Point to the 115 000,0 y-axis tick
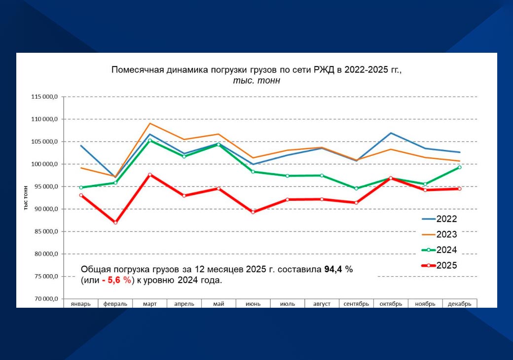point(44,97)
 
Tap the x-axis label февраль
point(115,304)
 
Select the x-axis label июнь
point(253,304)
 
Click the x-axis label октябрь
point(391,304)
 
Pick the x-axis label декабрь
point(459,304)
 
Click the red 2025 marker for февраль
point(115,223)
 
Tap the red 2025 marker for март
point(150,175)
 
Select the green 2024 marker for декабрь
point(459,167)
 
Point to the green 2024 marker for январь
point(81,187)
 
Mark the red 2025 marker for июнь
point(253,212)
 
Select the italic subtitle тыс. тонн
point(256,80)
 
